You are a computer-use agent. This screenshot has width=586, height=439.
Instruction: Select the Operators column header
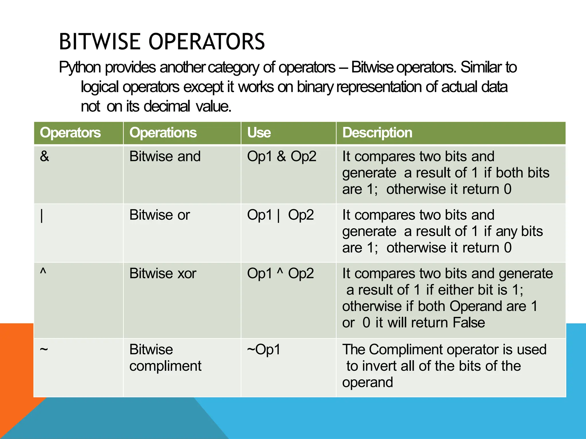pos(70,133)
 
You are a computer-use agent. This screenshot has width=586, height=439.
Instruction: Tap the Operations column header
pos(163,133)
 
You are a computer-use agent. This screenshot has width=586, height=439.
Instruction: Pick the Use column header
pos(259,133)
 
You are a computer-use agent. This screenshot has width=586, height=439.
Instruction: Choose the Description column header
pos(377,133)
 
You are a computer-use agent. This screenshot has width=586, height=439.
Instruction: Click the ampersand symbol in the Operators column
pos(44,157)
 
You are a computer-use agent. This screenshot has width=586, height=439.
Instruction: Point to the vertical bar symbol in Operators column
pos(42,216)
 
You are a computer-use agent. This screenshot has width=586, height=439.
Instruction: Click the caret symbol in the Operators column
pos(43,271)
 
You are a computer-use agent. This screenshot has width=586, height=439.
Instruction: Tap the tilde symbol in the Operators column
pos(44,349)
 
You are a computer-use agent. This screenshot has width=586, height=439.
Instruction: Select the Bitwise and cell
pos(165,157)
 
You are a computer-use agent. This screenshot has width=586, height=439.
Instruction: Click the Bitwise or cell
pos(159,215)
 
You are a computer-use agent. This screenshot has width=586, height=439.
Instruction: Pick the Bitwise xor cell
pos(163,274)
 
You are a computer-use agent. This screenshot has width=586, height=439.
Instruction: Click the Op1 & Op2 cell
pos(282,157)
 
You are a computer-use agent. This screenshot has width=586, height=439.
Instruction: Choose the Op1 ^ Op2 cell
pos(280,274)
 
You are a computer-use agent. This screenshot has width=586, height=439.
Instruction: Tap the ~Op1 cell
pos(264,350)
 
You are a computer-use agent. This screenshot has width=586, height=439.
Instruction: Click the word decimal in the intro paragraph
pos(167,107)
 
